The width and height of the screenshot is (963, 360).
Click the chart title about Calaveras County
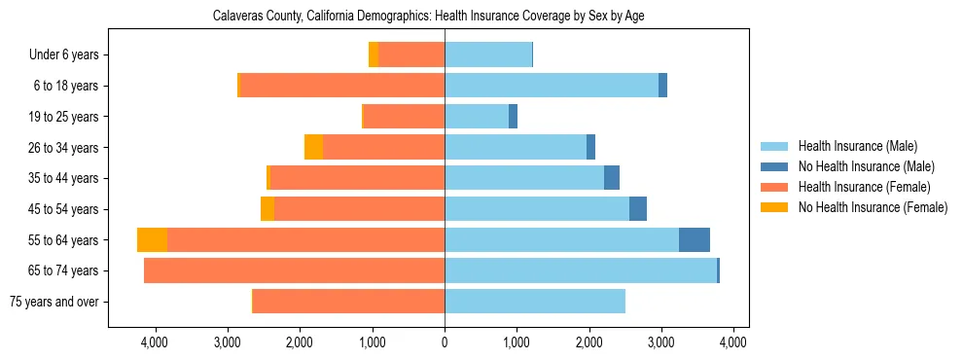pyautogui.click(x=428, y=16)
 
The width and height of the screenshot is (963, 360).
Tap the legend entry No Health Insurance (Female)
pyautogui.click(x=873, y=207)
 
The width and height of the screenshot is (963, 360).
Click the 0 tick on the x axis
pyautogui.click(x=445, y=342)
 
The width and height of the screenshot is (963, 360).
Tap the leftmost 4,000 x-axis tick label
pyautogui.click(x=155, y=342)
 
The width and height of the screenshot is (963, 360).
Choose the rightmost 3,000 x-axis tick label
pyautogui.click(x=660, y=342)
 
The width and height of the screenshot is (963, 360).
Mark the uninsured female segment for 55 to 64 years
pyautogui.click(x=152, y=240)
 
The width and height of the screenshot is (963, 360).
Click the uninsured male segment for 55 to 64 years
pyautogui.click(x=694, y=240)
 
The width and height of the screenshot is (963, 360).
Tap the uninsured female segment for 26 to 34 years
pyautogui.click(x=313, y=148)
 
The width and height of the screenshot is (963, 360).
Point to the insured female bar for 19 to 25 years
pyautogui.click(x=404, y=117)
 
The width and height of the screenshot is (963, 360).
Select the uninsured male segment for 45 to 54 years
pyautogui.click(x=637, y=209)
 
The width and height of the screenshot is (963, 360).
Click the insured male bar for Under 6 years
pyautogui.click(x=488, y=55)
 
